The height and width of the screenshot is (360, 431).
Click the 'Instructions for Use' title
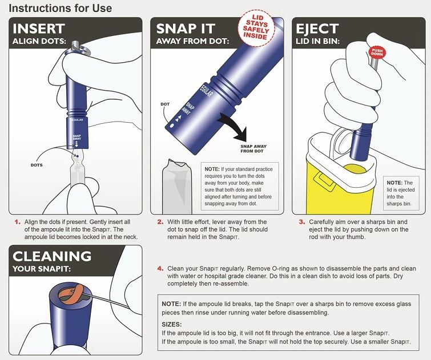(60, 8)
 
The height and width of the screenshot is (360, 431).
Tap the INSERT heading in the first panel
(39, 29)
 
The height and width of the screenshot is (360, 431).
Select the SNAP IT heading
(186, 29)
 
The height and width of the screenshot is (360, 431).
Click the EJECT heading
(317, 29)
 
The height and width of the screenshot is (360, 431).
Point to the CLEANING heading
(52, 256)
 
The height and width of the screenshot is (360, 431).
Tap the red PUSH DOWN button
(377, 52)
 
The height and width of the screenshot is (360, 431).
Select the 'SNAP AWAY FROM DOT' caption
(253, 149)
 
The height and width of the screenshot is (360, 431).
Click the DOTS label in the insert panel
(37, 165)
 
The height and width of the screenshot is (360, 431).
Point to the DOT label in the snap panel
(165, 104)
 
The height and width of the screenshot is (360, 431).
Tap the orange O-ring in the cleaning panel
(70, 293)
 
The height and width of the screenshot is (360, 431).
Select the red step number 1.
(18, 222)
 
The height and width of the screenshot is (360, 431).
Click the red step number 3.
(302, 222)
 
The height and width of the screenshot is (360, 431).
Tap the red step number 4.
(160, 269)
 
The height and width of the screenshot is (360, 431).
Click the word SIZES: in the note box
(171, 324)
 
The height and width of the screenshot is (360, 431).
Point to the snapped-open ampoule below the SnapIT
(177, 187)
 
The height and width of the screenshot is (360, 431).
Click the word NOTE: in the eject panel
(394, 183)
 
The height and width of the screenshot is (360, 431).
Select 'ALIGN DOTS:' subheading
(39, 41)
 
